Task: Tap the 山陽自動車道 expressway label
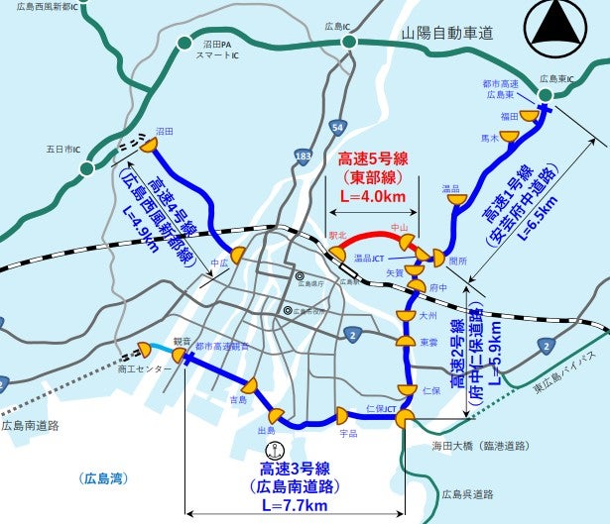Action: click(446, 34)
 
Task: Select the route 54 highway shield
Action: click(338, 129)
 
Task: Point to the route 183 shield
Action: click(304, 157)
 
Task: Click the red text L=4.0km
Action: click(373, 197)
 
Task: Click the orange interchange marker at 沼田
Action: click(149, 145)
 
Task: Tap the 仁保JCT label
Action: click(382, 408)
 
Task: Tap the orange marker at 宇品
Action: click(342, 414)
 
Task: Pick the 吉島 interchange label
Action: click(238, 400)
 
